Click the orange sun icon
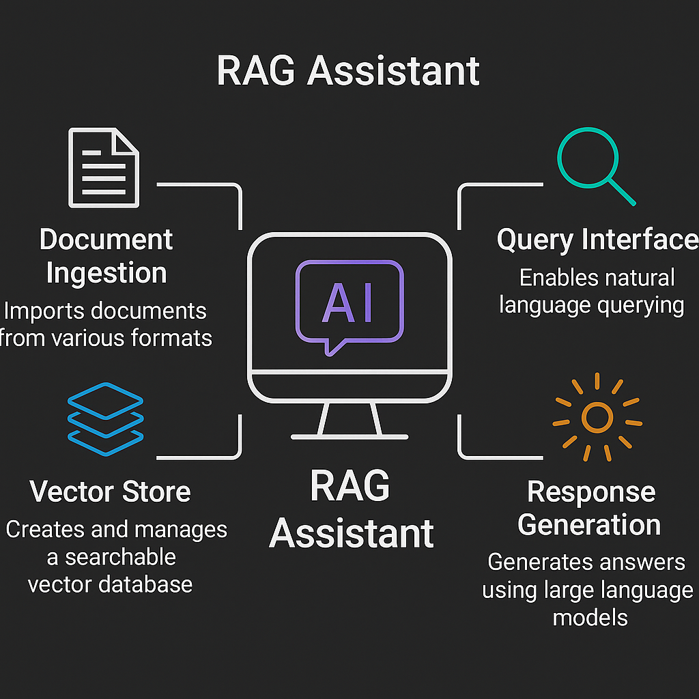tap(597, 416)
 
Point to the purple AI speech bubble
tap(349, 304)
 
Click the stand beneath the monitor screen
tap(349, 419)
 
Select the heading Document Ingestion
tap(106, 256)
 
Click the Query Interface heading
tap(597, 240)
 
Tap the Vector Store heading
tap(110, 491)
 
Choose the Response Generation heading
tap(590, 508)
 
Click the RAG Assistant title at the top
tap(348, 71)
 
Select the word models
tap(590, 617)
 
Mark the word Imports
tap(42, 311)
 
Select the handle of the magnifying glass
tap(620, 192)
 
